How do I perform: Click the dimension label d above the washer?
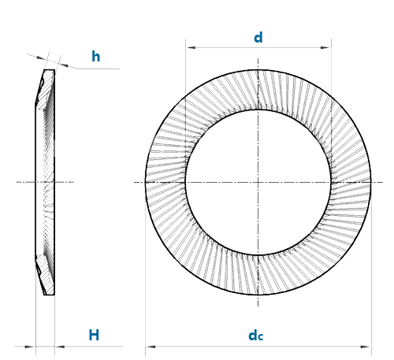pyautogui.click(x=258, y=37)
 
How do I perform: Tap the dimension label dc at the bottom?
pyautogui.click(x=256, y=336)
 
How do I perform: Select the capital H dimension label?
pyautogui.click(x=94, y=335)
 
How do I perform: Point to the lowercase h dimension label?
pyautogui.click(x=96, y=57)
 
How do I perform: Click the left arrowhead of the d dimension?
pyautogui.click(x=191, y=47)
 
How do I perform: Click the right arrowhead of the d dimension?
pyautogui.click(x=325, y=47)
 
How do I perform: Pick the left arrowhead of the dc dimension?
pyautogui.click(x=151, y=347)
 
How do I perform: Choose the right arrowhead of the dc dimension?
pyautogui.click(x=366, y=347)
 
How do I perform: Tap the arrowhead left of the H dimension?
pyautogui.click(x=30, y=347)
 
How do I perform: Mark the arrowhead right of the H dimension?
pyautogui.click(x=60, y=347)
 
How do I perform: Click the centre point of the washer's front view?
pyautogui.click(x=258, y=182)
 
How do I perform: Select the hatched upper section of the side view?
pyautogui.click(x=46, y=89)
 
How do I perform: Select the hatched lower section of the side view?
pyautogui.click(x=46, y=275)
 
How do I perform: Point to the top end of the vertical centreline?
pyautogui.click(x=258, y=58)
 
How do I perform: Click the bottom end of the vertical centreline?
pyautogui.click(x=258, y=306)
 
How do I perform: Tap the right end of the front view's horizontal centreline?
pyautogui.click(x=382, y=182)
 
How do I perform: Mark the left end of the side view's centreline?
pyautogui.click(x=17, y=182)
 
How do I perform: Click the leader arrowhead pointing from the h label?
pyautogui.click(x=64, y=65)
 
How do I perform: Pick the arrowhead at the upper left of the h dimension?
pyautogui.click(x=41, y=58)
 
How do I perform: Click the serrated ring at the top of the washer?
pyautogui.click(x=258, y=90)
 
